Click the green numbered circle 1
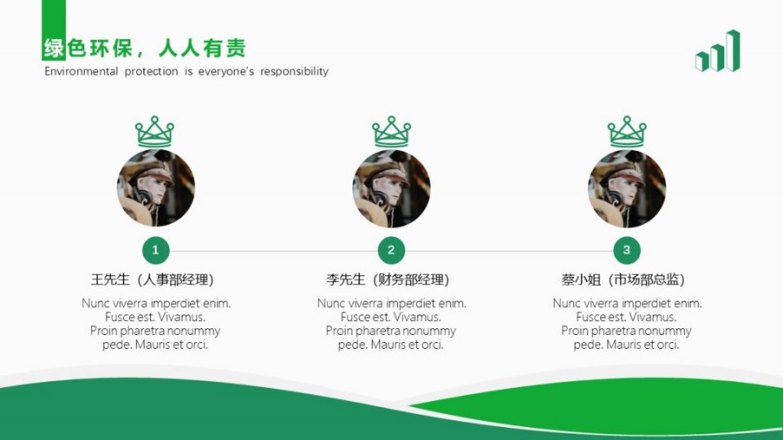156,250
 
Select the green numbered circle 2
391,250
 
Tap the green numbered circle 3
626,250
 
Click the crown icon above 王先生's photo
155,131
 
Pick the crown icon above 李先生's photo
391,131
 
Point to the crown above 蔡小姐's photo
626,131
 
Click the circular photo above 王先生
156,188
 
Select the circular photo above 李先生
391,188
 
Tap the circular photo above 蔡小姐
626,188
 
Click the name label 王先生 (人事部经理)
153,279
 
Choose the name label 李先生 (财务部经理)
388,279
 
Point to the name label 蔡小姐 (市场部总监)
623,279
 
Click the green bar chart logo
718,51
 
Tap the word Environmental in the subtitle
82,72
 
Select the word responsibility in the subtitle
294,72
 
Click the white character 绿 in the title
54,49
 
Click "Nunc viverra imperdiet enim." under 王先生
156,303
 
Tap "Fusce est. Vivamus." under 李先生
391,317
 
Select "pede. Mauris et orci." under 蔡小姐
626,345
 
